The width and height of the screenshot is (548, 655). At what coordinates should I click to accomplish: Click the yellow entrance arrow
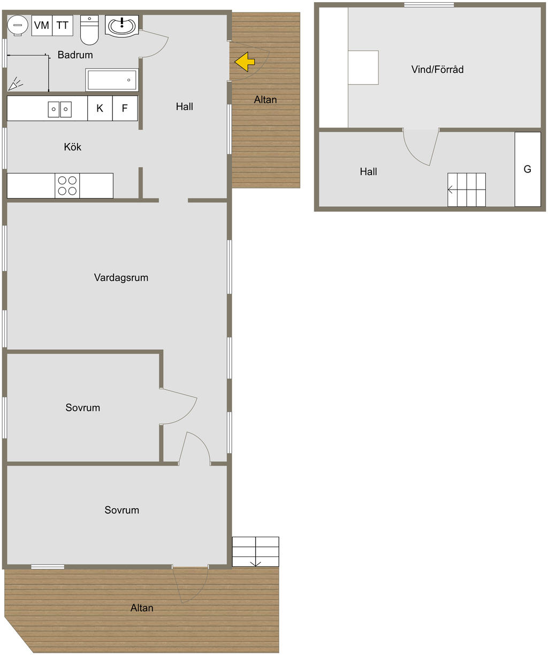click(245, 62)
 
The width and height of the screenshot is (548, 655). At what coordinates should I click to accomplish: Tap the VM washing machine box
click(42, 25)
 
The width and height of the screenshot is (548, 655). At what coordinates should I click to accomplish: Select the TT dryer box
click(63, 25)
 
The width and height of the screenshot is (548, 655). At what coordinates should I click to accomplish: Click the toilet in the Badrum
click(89, 31)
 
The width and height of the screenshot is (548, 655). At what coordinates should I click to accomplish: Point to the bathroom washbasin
click(123, 25)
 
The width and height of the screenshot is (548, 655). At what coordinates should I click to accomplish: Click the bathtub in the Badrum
click(112, 80)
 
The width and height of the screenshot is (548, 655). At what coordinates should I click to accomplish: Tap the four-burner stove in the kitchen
click(67, 185)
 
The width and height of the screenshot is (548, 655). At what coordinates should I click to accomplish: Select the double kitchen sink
click(59, 109)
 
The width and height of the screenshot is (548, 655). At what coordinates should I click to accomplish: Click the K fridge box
click(100, 108)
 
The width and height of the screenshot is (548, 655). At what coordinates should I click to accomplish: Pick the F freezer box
click(125, 108)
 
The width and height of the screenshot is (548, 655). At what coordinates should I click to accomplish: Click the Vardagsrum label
click(121, 277)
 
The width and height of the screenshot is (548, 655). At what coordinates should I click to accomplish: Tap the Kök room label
click(72, 147)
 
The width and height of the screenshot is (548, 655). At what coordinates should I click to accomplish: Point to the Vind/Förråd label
click(437, 69)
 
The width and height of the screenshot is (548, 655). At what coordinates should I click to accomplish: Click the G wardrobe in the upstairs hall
click(527, 169)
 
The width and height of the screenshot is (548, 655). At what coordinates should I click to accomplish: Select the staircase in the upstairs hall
click(467, 190)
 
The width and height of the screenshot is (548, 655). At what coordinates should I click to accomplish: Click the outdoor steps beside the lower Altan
click(255, 552)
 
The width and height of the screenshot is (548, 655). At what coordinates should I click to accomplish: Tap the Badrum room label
click(75, 55)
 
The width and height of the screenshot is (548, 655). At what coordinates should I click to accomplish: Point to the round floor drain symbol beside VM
click(19, 25)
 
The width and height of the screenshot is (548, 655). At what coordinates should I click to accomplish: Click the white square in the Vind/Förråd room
click(363, 67)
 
